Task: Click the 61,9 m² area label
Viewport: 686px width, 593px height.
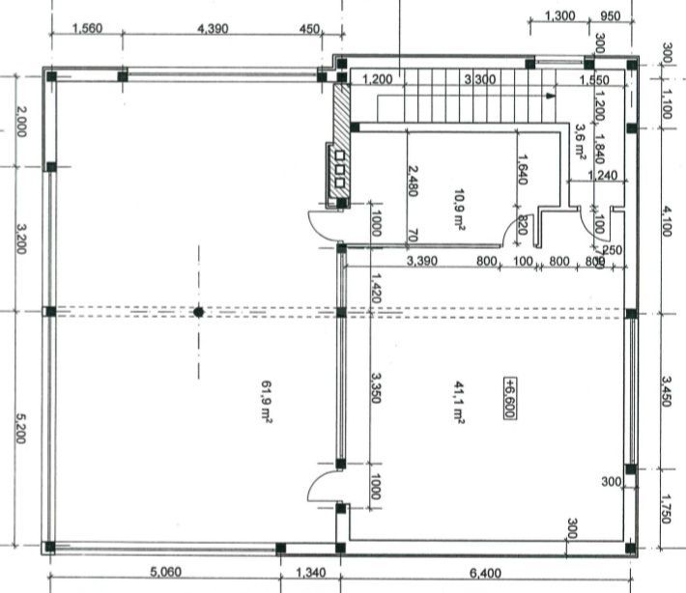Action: click(x=265, y=401)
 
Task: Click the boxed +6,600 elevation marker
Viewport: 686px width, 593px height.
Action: click(x=508, y=397)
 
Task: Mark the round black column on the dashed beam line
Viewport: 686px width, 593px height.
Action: click(x=198, y=312)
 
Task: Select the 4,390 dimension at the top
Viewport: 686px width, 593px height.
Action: click(x=212, y=29)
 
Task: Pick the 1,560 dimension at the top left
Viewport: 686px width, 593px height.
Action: click(x=88, y=29)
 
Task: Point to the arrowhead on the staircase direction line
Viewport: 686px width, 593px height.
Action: click(x=550, y=97)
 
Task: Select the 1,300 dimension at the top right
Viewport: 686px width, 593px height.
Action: click(x=560, y=16)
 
